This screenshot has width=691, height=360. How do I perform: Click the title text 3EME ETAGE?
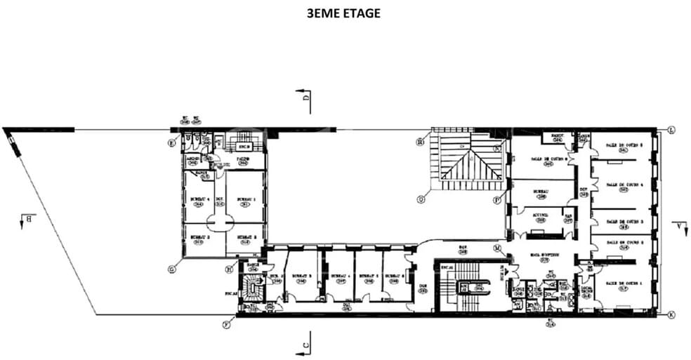click(344, 13)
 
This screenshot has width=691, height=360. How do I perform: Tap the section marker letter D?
click(306, 99)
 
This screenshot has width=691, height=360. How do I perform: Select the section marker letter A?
click(679, 225)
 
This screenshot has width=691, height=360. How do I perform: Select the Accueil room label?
click(540, 216)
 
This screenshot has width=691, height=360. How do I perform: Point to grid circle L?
click(671, 131)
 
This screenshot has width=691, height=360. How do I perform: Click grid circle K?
click(671, 315)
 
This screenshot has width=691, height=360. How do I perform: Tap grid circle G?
click(171, 269)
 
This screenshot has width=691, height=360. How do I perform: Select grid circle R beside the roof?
click(421, 140)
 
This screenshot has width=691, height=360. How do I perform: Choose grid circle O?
click(421, 199)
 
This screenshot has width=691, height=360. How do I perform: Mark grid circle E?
click(171, 142)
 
